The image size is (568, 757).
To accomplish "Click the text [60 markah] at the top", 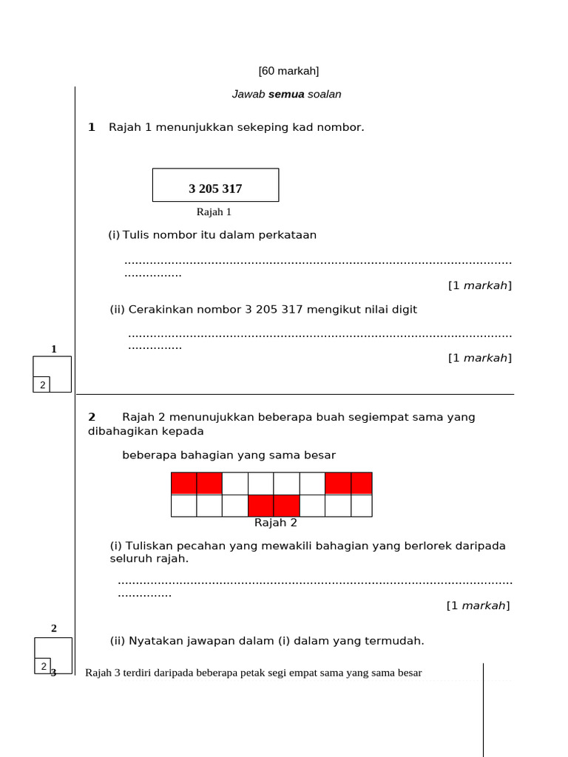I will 288,71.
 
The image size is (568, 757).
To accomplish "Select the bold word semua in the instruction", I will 286,95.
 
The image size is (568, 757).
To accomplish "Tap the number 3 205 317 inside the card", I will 215,189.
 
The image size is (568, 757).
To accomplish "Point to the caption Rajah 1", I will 214,212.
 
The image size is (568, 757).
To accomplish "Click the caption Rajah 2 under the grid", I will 275,523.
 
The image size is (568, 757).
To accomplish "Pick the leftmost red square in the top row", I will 184,483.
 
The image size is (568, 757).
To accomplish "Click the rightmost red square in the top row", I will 361,483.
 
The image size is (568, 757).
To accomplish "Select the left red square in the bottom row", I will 261,506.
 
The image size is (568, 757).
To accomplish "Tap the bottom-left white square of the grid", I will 184,506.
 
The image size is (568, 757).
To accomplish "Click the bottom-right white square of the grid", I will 361,506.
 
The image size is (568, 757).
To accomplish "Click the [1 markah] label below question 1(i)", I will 479,285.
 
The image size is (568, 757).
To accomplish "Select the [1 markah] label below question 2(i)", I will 478,605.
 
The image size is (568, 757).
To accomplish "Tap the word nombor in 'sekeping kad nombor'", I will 340,127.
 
